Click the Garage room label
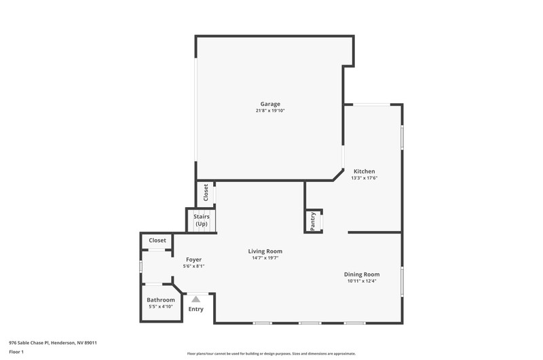tap(270, 104)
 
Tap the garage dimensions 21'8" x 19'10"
tap(270, 111)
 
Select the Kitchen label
tap(364, 171)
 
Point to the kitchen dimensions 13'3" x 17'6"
tap(364, 178)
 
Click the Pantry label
tap(313, 221)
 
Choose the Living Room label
tap(265, 251)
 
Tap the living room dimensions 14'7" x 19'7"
tap(265, 258)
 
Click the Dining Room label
tap(362, 274)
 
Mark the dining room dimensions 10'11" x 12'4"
tap(362, 281)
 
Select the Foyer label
tap(193, 259)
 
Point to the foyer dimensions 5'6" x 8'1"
tap(193, 266)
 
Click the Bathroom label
tap(161, 300)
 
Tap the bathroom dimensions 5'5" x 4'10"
tap(161, 306)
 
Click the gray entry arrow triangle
tap(196, 300)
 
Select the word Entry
tap(195, 309)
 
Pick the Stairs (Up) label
tap(201, 220)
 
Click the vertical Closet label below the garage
tap(206, 192)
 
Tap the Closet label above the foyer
tap(157, 240)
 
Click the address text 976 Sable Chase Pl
tap(30, 343)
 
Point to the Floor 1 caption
tap(16, 352)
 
